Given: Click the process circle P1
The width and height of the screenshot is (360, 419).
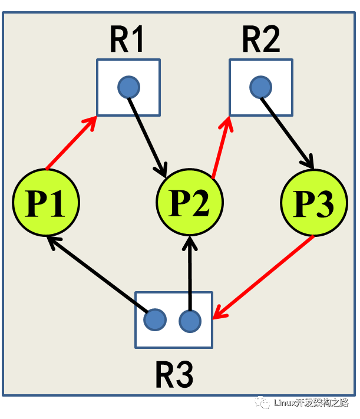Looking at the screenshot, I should click(46, 203).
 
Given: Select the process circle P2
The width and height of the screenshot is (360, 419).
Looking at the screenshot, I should click(190, 203).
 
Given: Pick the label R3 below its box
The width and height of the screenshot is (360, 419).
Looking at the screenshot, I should click(174, 374).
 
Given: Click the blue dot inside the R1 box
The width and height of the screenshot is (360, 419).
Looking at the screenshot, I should click(128, 88).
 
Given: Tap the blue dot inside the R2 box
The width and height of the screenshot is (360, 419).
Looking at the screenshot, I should click(260, 88).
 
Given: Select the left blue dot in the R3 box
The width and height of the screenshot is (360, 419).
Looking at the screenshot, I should click(155, 320).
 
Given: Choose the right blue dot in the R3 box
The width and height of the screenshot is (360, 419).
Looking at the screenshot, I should click(190, 321).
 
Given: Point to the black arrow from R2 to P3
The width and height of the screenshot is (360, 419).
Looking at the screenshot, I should click(287, 132).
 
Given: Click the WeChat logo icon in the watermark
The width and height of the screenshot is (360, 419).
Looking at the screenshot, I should click(262, 402).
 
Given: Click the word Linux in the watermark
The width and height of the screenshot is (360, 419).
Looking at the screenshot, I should click(287, 403).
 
